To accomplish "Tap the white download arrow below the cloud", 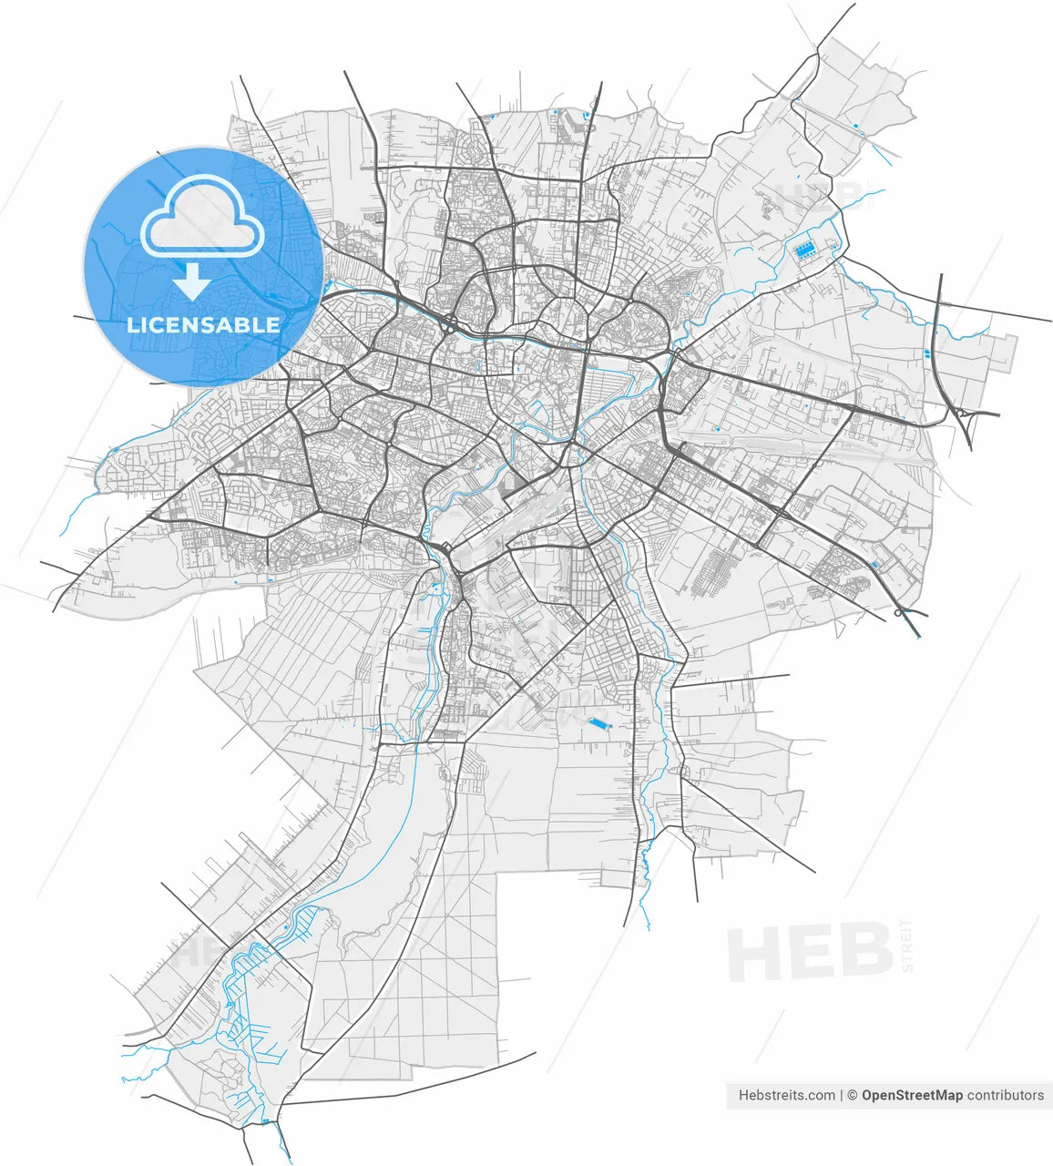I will [192, 282].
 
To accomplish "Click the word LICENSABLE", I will [203, 325].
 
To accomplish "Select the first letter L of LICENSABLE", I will [133, 325].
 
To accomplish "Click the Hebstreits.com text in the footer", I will [786, 1095].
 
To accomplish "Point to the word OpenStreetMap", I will [912, 1095].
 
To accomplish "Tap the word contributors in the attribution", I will [1006, 1095].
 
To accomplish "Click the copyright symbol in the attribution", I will [852, 1095].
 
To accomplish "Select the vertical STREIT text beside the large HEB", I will [905, 945].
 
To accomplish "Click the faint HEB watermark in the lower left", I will [196, 953].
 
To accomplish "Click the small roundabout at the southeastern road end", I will [899, 613].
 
